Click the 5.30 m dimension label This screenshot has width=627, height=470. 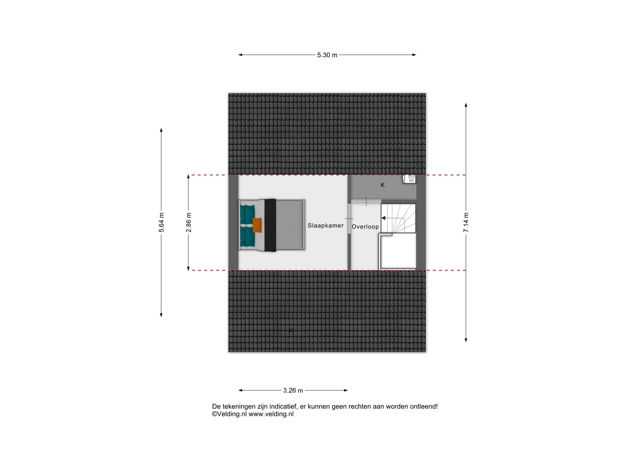click(327, 55)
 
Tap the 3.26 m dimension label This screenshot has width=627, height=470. click(293, 390)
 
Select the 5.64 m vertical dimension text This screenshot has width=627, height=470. click(161, 222)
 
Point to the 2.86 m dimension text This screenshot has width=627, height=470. click(188, 222)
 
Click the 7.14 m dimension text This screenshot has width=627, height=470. click(466, 222)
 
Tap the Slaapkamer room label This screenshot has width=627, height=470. click(326, 226)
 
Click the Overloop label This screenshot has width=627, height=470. click(365, 227)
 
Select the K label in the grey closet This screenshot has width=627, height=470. click(383, 185)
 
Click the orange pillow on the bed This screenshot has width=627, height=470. click(257, 225)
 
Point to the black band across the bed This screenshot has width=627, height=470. click(270, 225)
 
